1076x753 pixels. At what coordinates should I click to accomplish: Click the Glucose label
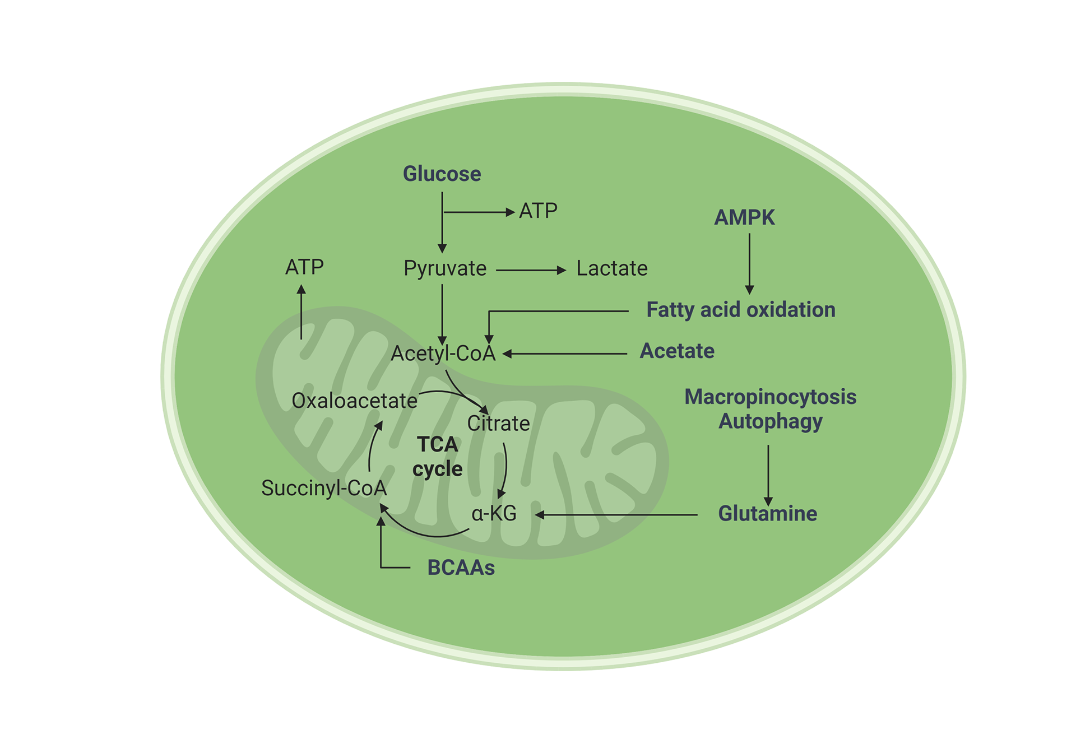442,174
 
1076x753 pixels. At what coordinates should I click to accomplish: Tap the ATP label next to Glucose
538,211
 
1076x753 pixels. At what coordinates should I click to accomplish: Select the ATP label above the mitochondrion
304,267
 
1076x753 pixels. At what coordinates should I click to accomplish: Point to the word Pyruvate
445,268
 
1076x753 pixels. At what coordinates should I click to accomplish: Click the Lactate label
612,268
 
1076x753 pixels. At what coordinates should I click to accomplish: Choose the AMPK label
744,217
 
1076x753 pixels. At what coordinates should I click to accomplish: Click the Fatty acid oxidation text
740,309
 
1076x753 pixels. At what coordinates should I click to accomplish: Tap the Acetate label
677,351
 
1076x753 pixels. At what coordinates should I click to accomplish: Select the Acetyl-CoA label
443,353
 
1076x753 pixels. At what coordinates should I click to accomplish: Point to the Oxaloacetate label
354,401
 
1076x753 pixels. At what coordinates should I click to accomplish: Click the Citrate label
498,423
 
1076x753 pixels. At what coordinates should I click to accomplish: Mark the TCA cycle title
437,457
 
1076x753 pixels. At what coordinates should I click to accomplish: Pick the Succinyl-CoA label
324,488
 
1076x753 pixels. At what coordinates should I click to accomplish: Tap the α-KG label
494,513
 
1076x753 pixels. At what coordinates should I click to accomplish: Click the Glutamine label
767,513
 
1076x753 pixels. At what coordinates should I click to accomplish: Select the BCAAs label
461,568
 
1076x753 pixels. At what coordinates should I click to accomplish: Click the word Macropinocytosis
770,397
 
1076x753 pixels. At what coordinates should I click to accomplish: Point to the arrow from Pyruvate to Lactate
530,270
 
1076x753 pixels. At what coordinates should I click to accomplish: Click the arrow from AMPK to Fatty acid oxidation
749,263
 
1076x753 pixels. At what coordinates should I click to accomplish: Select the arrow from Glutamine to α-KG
616,514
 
